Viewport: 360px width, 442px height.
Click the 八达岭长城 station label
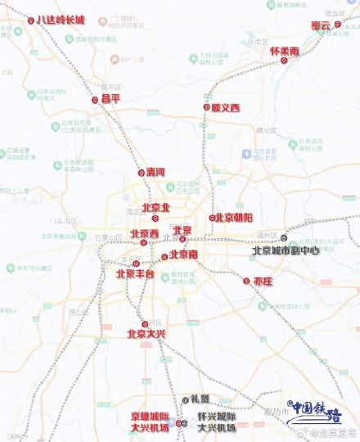[x=60, y=19]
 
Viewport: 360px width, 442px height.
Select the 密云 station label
[x=321, y=26]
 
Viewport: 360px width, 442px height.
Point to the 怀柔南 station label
[x=285, y=51]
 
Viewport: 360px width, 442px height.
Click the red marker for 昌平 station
[x=95, y=99]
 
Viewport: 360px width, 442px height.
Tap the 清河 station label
[x=155, y=172]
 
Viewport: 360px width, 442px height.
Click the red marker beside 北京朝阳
[x=212, y=218]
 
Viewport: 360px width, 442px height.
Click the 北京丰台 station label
[x=135, y=273]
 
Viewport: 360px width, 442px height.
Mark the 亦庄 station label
[x=263, y=281]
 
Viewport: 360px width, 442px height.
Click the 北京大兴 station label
[x=146, y=334]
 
